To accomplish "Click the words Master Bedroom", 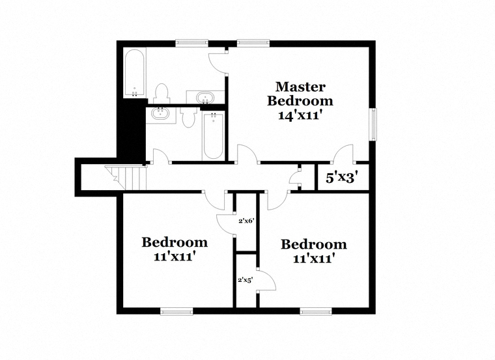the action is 300,94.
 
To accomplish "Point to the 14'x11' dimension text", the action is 300,115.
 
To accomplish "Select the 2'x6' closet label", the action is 246,221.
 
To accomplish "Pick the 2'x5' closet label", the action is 245,280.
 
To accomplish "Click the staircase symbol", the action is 126,178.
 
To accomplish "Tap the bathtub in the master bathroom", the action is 135,73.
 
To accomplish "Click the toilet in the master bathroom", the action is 162,94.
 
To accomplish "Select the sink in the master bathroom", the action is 205,97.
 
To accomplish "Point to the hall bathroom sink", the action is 160,113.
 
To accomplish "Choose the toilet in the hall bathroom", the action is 189,117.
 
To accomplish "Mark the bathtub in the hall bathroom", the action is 213,136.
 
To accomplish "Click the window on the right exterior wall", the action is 373,124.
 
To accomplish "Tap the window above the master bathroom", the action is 191,43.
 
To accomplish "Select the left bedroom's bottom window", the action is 177,311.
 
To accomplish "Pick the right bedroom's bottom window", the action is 317,311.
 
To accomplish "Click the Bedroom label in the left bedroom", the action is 175,242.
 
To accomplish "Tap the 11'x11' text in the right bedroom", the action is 314,258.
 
